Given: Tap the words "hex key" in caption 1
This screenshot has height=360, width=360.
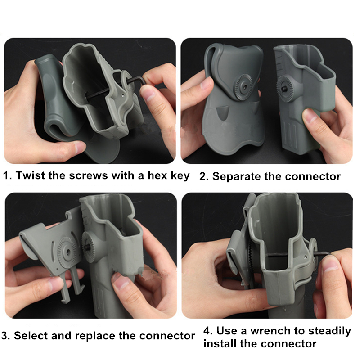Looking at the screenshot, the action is click(x=168, y=176).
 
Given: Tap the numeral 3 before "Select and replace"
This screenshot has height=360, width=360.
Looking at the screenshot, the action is click(x=5, y=336).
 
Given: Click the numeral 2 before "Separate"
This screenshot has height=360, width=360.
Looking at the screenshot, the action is click(x=204, y=177).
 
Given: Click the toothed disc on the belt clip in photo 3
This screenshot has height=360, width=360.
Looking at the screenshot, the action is click(x=67, y=252).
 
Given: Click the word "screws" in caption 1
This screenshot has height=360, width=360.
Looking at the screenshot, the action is click(x=88, y=176).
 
